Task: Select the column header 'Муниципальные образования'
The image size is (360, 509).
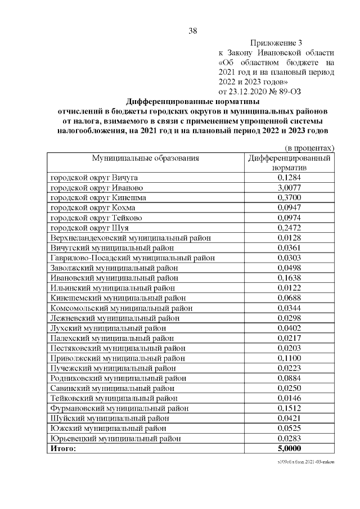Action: [x=146, y=158]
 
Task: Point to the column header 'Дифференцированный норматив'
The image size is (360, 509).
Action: [x=289, y=163]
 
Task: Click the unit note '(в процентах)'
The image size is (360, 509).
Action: [x=307, y=148]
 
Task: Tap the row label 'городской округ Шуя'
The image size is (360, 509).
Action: [x=89, y=228]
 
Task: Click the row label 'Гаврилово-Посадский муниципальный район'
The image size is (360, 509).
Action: [x=132, y=258]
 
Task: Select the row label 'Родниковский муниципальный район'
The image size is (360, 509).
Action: [x=118, y=378]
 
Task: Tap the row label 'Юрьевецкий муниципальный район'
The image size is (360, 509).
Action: [x=116, y=438]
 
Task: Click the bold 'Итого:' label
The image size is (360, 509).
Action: [x=62, y=448]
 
